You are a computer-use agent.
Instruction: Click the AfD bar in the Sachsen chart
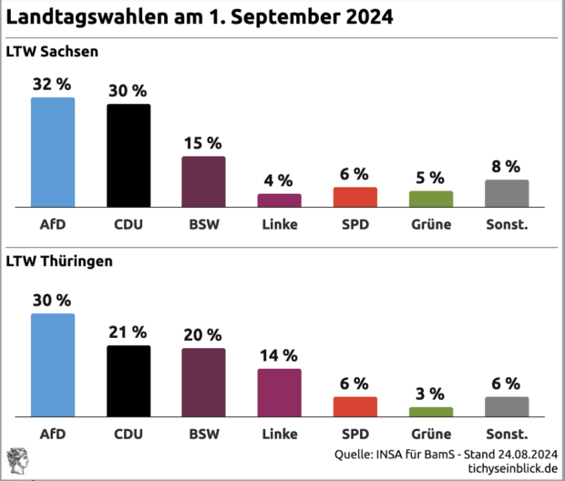[53, 153]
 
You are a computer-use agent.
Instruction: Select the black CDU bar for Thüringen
[128, 381]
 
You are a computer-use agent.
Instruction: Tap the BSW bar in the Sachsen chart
[203, 182]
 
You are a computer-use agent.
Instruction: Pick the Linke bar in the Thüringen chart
[279, 393]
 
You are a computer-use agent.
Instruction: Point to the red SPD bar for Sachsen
[354, 198]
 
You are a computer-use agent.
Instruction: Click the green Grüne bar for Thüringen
[430, 412]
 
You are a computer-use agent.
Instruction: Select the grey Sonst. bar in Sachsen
[506, 194]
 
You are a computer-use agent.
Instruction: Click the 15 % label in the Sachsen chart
[203, 144]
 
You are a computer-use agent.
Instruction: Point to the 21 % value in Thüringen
[128, 333]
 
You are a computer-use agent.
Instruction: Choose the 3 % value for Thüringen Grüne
[430, 394]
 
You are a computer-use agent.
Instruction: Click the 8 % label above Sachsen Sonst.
[506, 167]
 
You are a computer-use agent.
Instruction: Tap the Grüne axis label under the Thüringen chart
[430, 433]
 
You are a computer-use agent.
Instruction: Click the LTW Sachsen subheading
[52, 51]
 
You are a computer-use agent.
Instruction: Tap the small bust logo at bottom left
[16, 459]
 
